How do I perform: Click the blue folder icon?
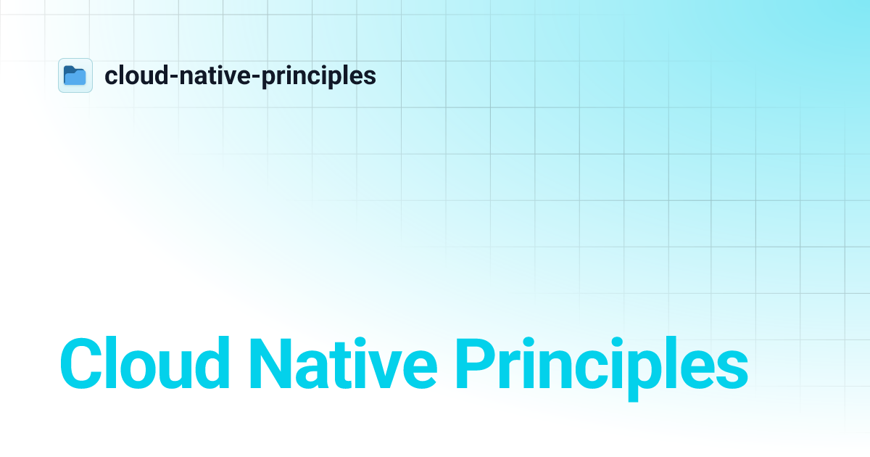(x=75, y=75)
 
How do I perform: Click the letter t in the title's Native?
(x=347, y=366)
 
